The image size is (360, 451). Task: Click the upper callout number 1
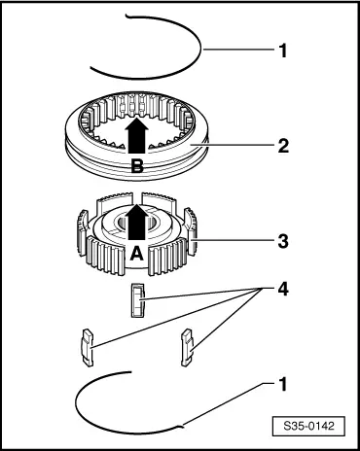pyautogui.click(x=283, y=51)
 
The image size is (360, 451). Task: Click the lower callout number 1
pyautogui.click(x=283, y=384)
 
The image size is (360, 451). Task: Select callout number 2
pyautogui.click(x=283, y=146)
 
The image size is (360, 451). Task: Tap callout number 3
pyautogui.click(x=283, y=241)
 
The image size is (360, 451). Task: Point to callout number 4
pyautogui.click(x=283, y=289)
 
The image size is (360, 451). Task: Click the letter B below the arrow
pyautogui.click(x=137, y=167)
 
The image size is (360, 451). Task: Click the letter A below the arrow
pyautogui.click(x=136, y=254)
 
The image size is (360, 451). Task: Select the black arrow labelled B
pyautogui.click(x=137, y=135)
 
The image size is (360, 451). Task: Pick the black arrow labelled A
pyautogui.click(x=137, y=222)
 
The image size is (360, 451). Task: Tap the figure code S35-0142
pyautogui.click(x=308, y=426)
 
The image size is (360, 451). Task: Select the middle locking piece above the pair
pyautogui.click(x=138, y=299)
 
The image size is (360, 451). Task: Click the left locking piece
pyautogui.click(x=87, y=348)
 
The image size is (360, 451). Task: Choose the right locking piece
pyautogui.click(x=188, y=347)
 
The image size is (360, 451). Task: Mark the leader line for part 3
pyautogui.click(x=233, y=241)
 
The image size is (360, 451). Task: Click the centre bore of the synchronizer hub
pyautogui.click(x=136, y=222)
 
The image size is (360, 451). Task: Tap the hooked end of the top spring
pyautogui.click(x=127, y=16)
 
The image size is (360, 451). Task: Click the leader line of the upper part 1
pyautogui.click(x=238, y=50)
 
